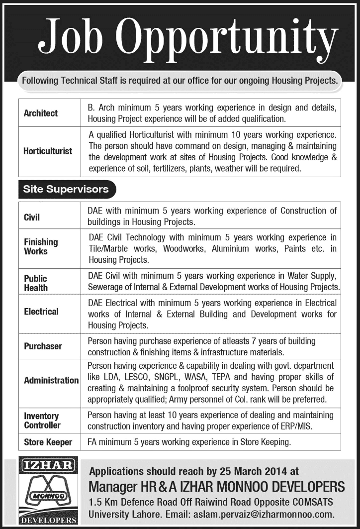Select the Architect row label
pyautogui.click(x=41, y=113)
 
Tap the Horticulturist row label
pyautogui.click(x=48, y=151)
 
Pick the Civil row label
pyautogui.click(x=32, y=217)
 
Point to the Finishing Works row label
pyautogui.click(x=41, y=246)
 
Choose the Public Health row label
pyautogui.click(x=36, y=283)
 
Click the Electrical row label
pyautogui.click(x=41, y=312)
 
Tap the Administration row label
pyautogui.click(x=51, y=380)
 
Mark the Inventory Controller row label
pyautogui.click(x=42, y=421)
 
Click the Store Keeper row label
pyautogui.click(x=48, y=442)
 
